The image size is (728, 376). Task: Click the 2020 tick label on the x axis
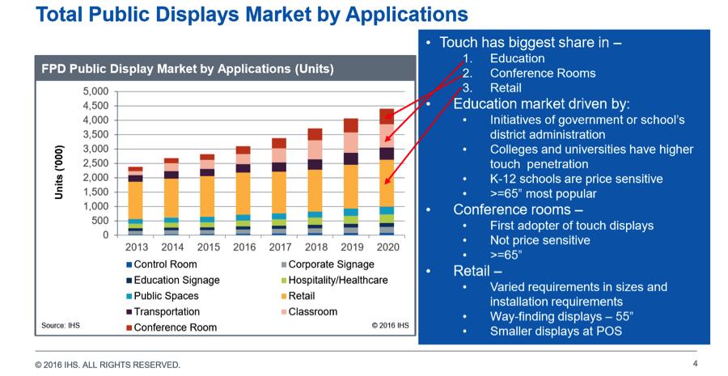coord(387,247)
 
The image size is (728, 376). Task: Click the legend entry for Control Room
coord(165,264)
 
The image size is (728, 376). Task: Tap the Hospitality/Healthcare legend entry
coord(337,280)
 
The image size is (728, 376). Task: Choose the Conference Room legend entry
coord(176,327)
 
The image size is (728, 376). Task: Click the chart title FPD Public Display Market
coord(187,70)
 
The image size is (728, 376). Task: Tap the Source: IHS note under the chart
coord(61,326)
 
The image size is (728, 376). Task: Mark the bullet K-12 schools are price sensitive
coord(576,179)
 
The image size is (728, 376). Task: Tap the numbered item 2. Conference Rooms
coord(542,73)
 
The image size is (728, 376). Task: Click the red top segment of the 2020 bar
coord(387,116)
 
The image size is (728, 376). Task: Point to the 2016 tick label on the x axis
coord(243,247)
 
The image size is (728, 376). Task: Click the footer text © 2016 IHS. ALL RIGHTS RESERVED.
coord(108,365)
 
